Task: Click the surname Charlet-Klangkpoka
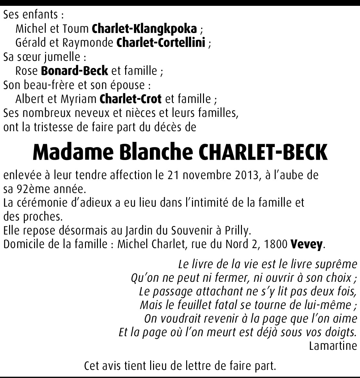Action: click(144, 29)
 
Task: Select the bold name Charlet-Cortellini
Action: click(161, 43)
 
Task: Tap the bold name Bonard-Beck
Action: click(75, 71)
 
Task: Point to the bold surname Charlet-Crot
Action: click(131, 98)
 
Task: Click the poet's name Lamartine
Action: click(333, 346)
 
